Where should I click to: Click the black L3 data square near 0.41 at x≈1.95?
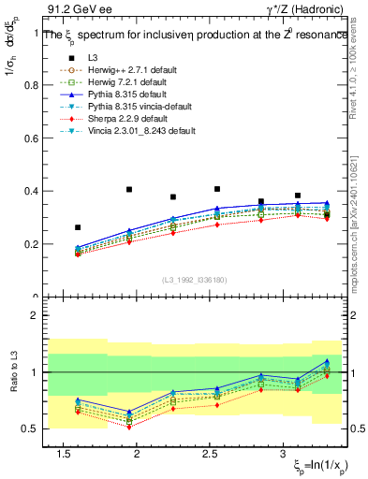[x=129, y=189]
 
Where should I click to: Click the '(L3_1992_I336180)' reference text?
[x=194, y=279]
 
